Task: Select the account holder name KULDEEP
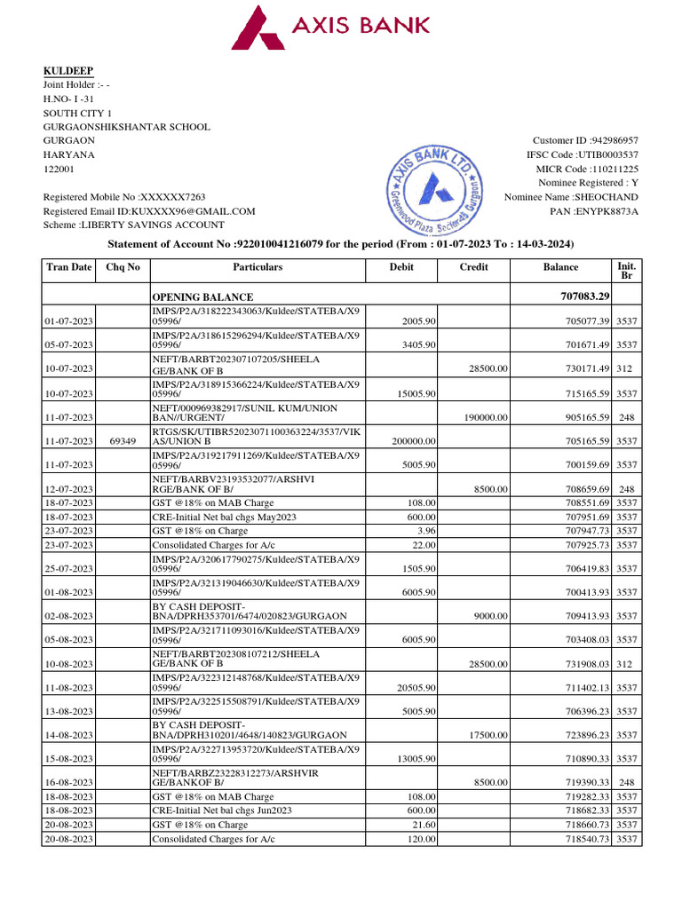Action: pyautogui.click(x=68, y=70)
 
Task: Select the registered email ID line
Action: pyautogui.click(x=149, y=211)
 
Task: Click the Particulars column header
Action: pyautogui.click(x=258, y=267)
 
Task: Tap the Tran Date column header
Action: pyautogui.click(x=69, y=267)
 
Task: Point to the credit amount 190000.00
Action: pyautogui.click(x=483, y=417)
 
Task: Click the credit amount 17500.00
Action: pyautogui.click(x=488, y=735)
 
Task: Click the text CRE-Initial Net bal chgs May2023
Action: pyautogui.click(x=224, y=517)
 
